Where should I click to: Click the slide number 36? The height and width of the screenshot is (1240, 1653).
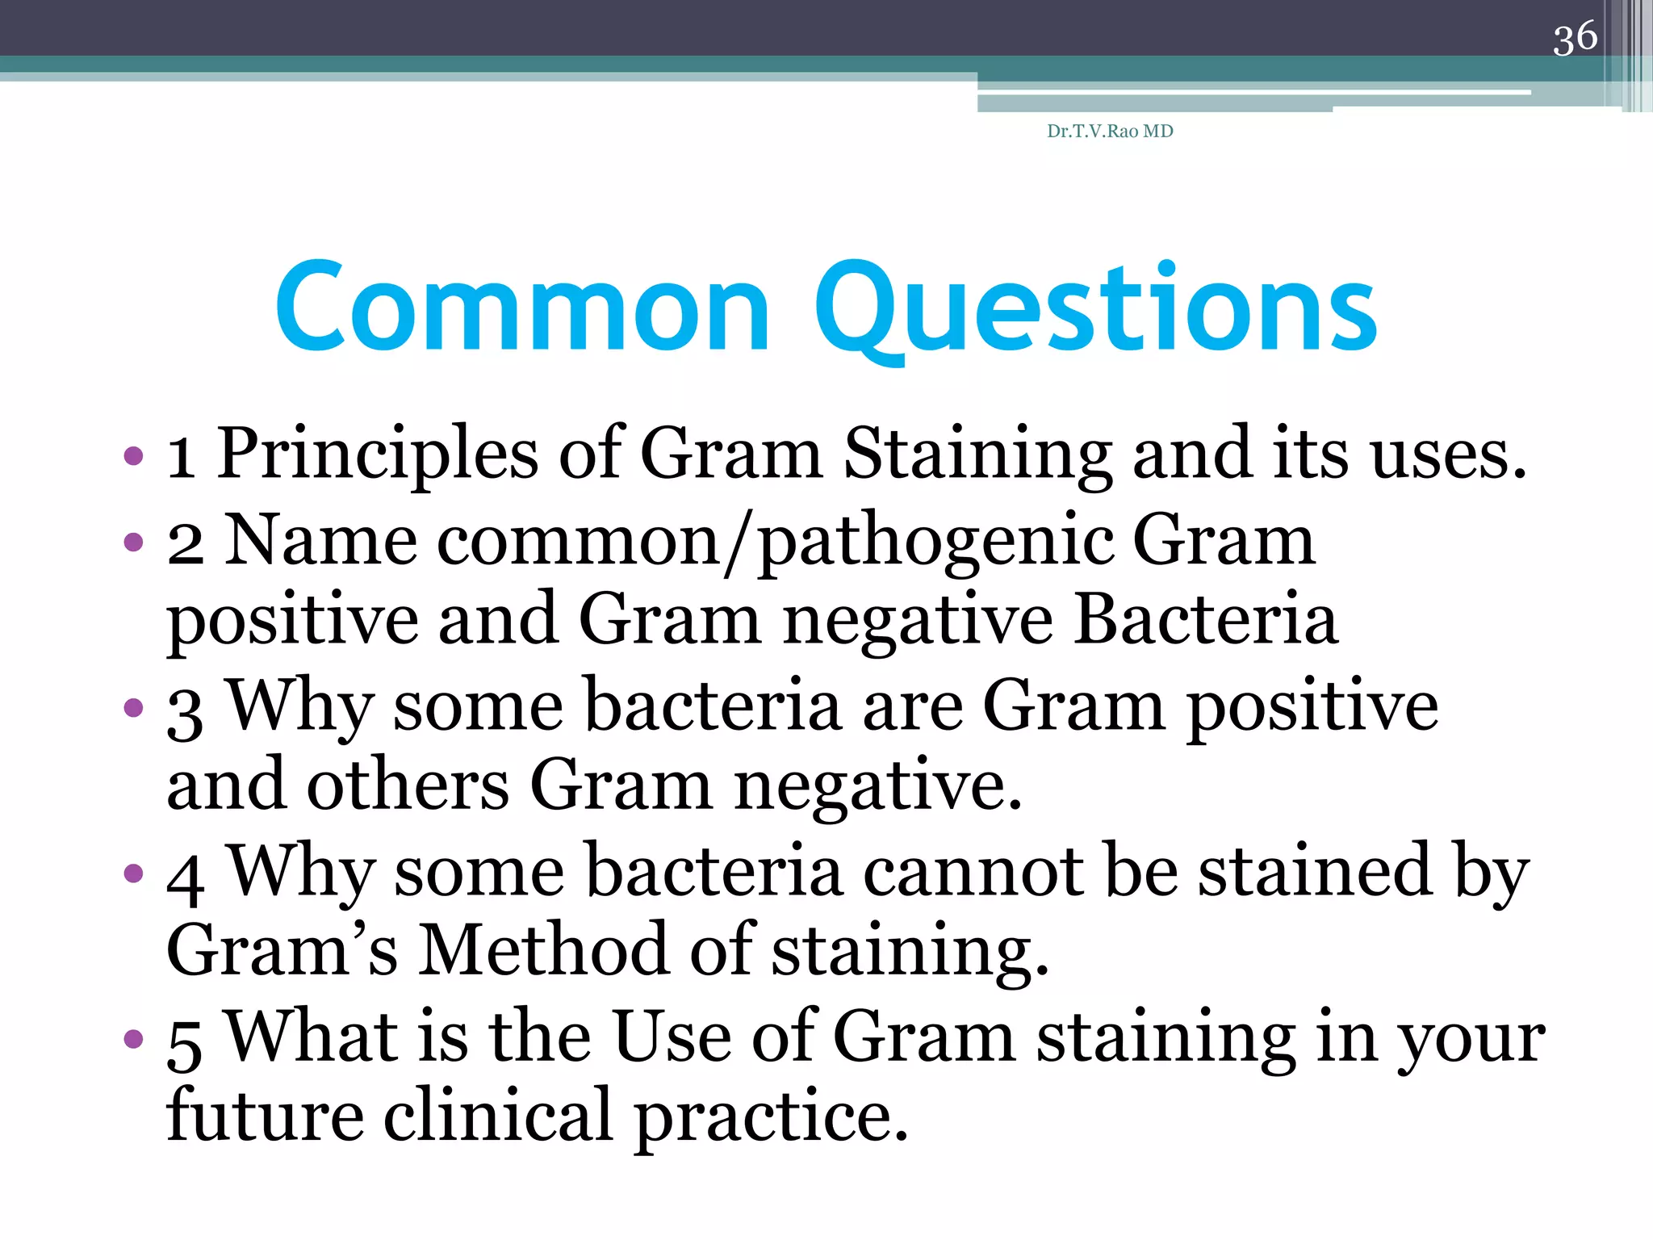pos(1575,38)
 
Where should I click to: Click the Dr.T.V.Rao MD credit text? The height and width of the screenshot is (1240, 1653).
pos(1110,132)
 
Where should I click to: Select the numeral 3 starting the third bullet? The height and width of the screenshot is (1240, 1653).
pos(185,714)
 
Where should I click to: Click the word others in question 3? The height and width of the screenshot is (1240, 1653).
pos(408,785)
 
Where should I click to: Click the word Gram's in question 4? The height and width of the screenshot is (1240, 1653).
pos(282,951)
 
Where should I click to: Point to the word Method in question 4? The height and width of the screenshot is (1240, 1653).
pos(544,951)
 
